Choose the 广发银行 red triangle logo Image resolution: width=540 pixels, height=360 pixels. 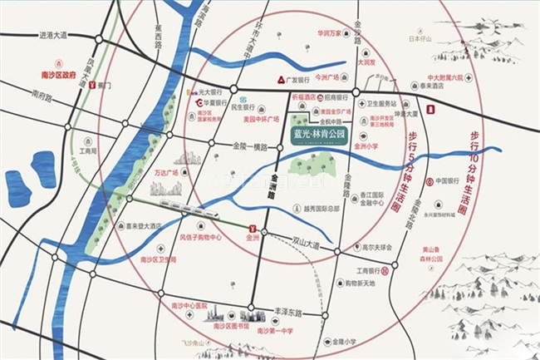(280, 80)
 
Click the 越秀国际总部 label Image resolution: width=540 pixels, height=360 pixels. (307, 209)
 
